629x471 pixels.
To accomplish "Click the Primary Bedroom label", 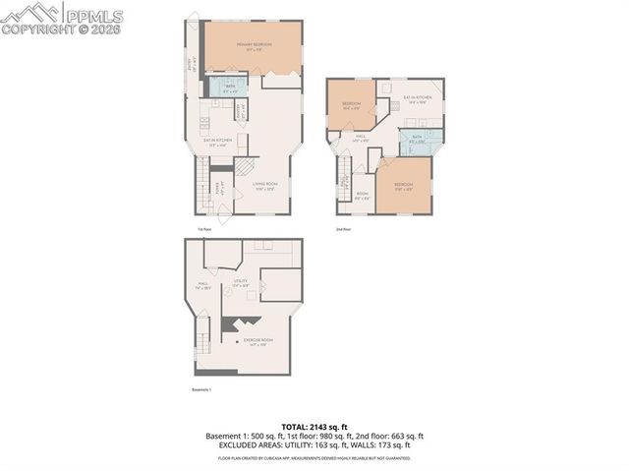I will click(x=253, y=47).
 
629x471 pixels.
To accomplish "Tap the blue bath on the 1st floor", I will click(x=229, y=88).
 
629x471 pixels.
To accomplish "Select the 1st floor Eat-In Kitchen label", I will click(x=217, y=142).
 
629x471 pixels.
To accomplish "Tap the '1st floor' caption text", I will click(x=204, y=229).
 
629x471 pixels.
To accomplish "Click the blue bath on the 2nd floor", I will click(x=417, y=139).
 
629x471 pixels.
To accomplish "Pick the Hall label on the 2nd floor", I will click(x=361, y=139).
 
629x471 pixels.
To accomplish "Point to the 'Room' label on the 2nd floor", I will click(x=362, y=195).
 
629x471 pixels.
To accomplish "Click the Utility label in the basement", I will click(x=240, y=282).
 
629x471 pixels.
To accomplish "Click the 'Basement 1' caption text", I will click(x=203, y=390).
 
